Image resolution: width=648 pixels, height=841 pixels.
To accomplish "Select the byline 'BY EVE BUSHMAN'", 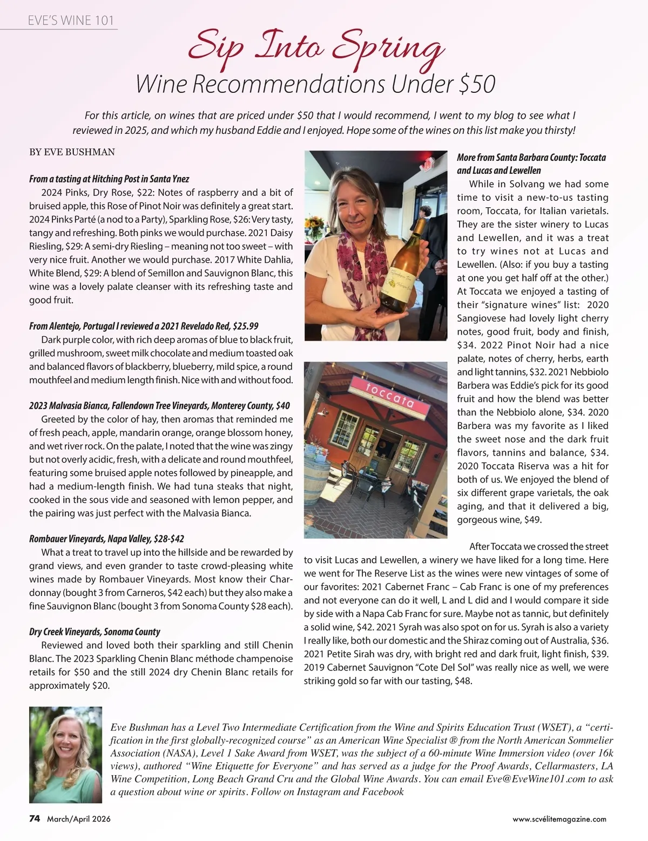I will [72, 152].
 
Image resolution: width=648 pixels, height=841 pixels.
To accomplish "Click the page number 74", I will [35, 818].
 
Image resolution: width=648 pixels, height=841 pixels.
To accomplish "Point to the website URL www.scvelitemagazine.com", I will [559, 819].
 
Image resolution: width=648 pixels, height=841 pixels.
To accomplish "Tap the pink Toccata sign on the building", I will [383, 396].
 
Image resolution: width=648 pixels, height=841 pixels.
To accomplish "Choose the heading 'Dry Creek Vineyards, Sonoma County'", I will [94, 632].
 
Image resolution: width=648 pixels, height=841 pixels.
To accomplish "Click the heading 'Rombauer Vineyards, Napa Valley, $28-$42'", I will [107, 539].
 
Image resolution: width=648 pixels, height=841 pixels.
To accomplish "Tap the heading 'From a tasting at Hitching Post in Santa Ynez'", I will [109, 179].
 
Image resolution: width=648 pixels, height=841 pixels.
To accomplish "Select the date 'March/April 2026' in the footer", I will [79, 819].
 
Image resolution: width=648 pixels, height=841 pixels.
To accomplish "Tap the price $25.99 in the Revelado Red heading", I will [245, 326].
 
